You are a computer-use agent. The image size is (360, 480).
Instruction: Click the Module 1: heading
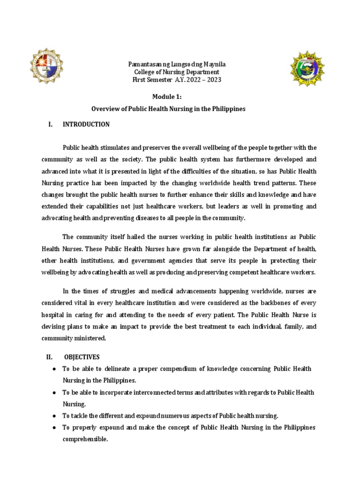(168, 97)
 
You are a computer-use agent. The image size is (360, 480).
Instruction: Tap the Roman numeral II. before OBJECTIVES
(50, 357)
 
